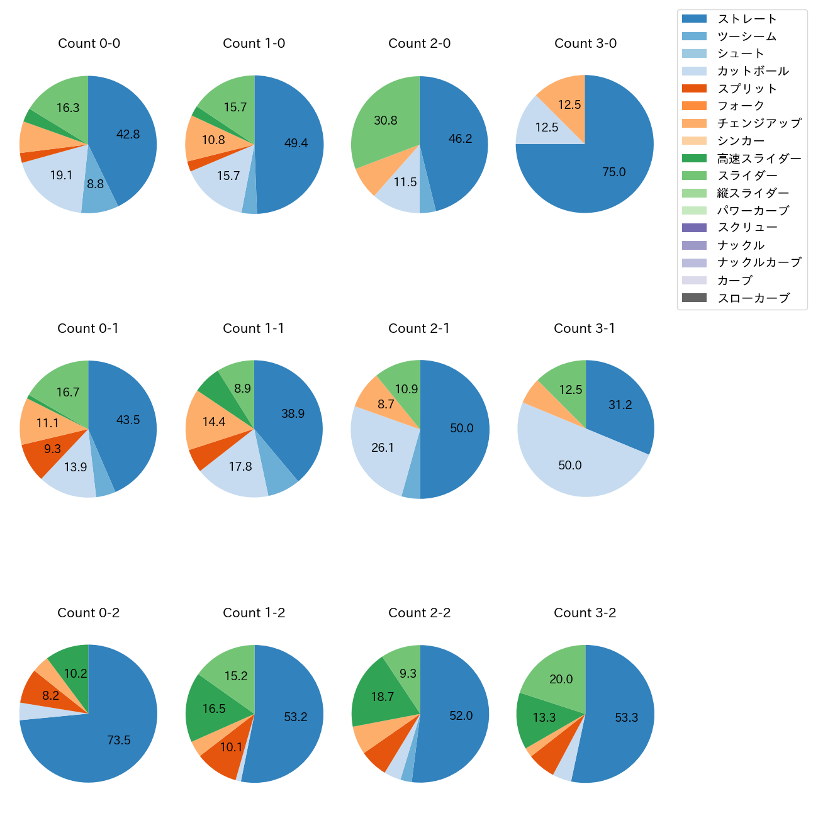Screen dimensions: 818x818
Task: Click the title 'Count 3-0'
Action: (x=585, y=43)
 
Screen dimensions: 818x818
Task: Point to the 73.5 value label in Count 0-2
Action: (x=119, y=741)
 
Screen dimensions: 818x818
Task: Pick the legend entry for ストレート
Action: (x=747, y=19)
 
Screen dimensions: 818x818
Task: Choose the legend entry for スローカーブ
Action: (x=753, y=298)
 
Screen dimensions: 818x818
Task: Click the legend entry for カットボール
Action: (x=753, y=71)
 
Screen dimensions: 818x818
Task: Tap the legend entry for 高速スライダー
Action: (x=759, y=159)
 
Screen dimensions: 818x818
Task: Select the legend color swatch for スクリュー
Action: (x=694, y=228)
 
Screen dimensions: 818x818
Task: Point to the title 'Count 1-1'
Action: (x=254, y=328)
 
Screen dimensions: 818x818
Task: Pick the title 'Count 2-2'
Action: (x=420, y=613)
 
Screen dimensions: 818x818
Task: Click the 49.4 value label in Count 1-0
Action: (x=296, y=143)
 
